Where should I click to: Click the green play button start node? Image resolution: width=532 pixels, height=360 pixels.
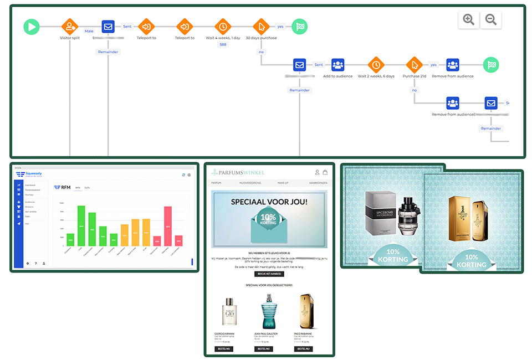coord(32,26)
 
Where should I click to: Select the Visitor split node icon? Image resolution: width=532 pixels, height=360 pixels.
coord(70,26)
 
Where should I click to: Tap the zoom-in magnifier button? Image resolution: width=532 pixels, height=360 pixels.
coord(469,20)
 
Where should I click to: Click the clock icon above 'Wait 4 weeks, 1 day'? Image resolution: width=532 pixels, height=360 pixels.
coord(223,26)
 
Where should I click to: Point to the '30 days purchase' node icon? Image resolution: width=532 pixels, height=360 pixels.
coord(261,26)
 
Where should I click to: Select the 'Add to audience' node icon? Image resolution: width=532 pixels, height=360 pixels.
coord(338,65)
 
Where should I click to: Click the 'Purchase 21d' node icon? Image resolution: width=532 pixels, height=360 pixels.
coord(414,65)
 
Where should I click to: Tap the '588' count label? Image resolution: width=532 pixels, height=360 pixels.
coord(223,44)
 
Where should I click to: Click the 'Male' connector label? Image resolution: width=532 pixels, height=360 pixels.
coord(89,31)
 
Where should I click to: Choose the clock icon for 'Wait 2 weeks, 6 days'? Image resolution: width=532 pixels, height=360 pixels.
coord(376,65)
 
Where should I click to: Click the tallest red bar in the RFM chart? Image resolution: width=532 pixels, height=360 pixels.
coord(167,226)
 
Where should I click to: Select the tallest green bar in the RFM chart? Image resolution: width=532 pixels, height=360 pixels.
coord(81,225)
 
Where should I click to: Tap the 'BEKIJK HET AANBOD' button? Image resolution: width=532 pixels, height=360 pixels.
coord(269,274)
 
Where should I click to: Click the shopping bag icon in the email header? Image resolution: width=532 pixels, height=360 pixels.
coord(325,172)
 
